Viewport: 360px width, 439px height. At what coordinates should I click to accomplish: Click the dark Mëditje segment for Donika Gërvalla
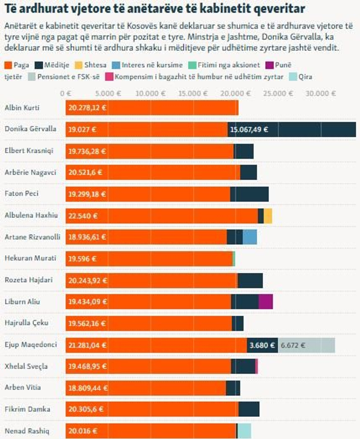(x=292, y=129)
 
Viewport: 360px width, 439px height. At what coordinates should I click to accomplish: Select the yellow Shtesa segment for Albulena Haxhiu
(x=268, y=216)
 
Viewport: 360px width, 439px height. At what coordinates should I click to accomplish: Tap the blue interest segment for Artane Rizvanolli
(x=250, y=237)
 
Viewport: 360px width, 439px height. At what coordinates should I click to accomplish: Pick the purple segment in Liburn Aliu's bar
(x=266, y=302)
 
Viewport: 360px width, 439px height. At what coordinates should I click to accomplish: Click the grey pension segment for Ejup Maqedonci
(x=307, y=345)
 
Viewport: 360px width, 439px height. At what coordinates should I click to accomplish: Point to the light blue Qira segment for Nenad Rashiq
(x=244, y=431)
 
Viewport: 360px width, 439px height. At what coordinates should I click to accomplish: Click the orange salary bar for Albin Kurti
(x=152, y=108)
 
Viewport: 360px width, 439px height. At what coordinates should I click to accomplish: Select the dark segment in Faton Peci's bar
(x=249, y=194)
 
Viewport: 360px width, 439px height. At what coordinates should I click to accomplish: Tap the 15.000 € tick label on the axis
(x=193, y=93)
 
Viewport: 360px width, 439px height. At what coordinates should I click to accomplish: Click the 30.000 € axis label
(x=321, y=93)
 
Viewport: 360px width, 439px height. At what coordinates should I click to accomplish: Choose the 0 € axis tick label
(x=66, y=93)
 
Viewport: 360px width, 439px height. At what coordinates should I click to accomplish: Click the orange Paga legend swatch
(x=8, y=65)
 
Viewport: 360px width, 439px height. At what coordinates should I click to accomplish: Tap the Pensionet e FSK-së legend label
(x=68, y=77)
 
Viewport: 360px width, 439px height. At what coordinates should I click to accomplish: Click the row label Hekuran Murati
(x=30, y=258)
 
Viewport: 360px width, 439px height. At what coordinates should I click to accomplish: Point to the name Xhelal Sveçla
(x=26, y=366)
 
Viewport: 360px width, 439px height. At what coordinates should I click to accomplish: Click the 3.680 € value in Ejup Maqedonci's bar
(x=262, y=345)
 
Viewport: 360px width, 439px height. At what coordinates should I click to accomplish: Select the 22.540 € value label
(x=83, y=216)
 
